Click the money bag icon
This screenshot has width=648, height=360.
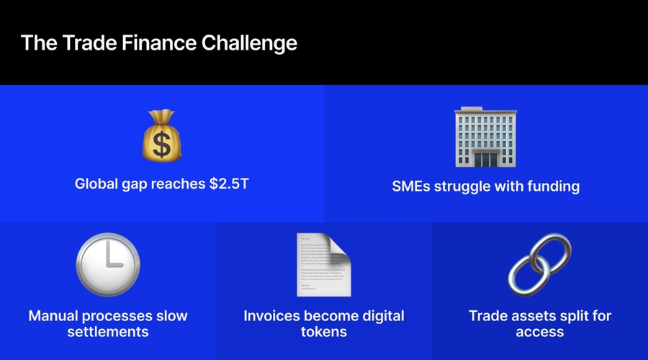click(161, 135)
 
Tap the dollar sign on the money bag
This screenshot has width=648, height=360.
click(161, 145)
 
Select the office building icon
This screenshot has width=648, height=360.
click(485, 137)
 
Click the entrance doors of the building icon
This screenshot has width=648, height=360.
click(485, 160)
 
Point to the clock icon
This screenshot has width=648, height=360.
click(108, 264)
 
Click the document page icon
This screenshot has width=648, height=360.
click(323, 265)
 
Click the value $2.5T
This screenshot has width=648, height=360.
click(229, 184)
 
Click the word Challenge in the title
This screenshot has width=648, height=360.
click(249, 43)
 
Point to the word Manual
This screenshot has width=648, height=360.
click(53, 316)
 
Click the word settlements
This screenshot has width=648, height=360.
click(108, 331)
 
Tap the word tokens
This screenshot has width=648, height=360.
click(324, 331)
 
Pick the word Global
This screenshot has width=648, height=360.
click(96, 184)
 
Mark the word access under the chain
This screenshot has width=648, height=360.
click(540, 332)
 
